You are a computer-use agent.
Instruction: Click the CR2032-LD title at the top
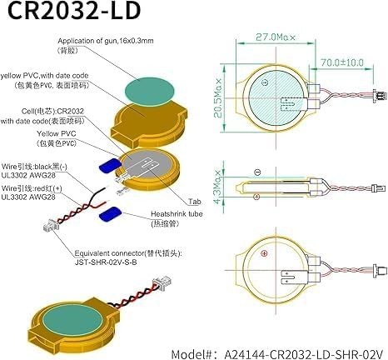(x=74, y=11)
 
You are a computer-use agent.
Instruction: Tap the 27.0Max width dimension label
(x=276, y=37)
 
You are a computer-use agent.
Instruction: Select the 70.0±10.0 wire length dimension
(x=342, y=62)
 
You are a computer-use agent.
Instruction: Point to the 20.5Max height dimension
(x=218, y=98)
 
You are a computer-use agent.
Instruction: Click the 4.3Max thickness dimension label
(x=218, y=187)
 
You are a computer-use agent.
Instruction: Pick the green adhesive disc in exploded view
(x=150, y=91)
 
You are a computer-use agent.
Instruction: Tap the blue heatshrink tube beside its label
(x=110, y=213)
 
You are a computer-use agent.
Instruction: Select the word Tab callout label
(x=195, y=202)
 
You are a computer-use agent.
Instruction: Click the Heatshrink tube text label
(x=177, y=214)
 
